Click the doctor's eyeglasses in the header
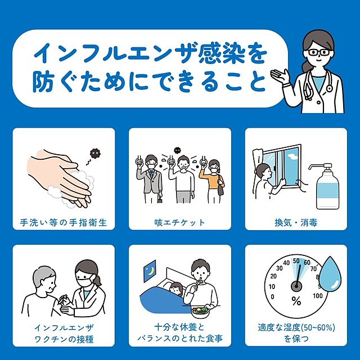coord(319,52)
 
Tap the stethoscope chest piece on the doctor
coord(330,88)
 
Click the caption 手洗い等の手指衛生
coord(64,223)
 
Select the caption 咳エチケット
coord(179,223)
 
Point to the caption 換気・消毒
coord(296,223)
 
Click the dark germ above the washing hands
coord(96,153)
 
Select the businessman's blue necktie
coord(151,174)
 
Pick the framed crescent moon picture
coord(150,271)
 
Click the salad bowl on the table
coord(200,312)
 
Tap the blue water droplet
coord(330,274)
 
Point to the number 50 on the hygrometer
coord(296,261)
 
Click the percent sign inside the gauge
coord(296,301)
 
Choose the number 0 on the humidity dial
coord(272,297)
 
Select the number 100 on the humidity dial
coord(318,296)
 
